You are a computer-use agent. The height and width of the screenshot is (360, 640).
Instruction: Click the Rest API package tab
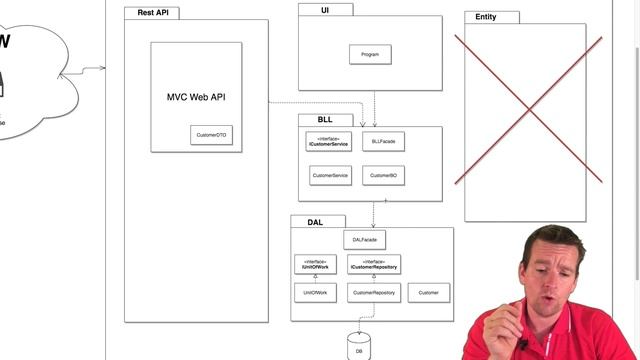click(152, 13)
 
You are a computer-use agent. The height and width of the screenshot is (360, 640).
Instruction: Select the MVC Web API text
click(196, 97)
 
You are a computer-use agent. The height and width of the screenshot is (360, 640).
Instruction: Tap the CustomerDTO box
click(211, 134)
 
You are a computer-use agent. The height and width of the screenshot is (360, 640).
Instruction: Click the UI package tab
click(325, 9)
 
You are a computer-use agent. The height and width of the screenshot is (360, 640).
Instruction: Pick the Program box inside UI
click(370, 54)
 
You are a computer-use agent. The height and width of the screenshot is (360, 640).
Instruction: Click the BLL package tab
click(325, 120)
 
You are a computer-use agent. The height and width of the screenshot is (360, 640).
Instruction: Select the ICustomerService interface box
click(330, 143)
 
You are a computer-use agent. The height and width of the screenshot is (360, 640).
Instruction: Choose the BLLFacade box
click(383, 143)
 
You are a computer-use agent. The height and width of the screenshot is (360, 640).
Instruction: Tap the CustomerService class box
click(330, 175)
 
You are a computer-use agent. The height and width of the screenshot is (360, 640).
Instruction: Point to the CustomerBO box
click(383, 175)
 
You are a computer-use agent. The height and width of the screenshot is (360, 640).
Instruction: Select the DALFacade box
click(364, 240)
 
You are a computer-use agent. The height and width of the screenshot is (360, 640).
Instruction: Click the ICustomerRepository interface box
click(374, 264)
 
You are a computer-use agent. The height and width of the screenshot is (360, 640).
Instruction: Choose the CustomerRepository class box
click(374, 292)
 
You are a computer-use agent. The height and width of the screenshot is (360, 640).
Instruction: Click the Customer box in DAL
click(429, 292)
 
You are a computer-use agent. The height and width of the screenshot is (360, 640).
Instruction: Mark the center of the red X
click(529, 110)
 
